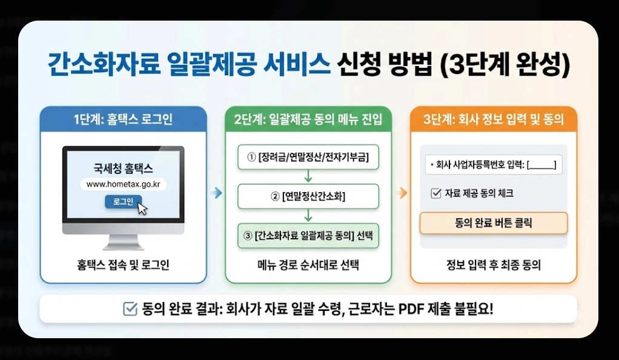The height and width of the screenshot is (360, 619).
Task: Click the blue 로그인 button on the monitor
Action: [123, 201]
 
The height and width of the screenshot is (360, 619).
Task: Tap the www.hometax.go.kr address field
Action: [124, 184]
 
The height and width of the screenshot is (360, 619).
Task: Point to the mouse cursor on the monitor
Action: [143, 208]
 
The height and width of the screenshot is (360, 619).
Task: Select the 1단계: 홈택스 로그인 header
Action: [123, 119]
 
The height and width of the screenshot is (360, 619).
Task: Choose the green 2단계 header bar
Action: [308, 119]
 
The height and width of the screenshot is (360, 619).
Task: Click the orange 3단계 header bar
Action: [494, 119]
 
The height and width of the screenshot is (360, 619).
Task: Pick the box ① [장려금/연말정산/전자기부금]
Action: [308, 158]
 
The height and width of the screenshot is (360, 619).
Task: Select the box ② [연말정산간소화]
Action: [308, 196]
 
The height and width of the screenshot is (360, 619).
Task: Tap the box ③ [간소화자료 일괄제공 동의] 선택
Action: [308, 235]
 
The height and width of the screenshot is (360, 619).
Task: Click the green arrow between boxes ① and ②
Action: [308, 176]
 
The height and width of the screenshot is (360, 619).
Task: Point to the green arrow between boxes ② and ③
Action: [308, 215]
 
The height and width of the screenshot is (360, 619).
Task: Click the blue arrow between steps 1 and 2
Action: [216, 193]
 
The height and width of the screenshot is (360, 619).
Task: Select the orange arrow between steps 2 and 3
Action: [401, 193]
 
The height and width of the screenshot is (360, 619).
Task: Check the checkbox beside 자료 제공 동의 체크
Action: [435, 193]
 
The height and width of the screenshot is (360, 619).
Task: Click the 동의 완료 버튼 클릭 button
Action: [494, 223]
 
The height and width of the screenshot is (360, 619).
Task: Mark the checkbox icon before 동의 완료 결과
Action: [130, 309]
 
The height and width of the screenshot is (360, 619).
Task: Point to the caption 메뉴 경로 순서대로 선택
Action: [308, 265]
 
